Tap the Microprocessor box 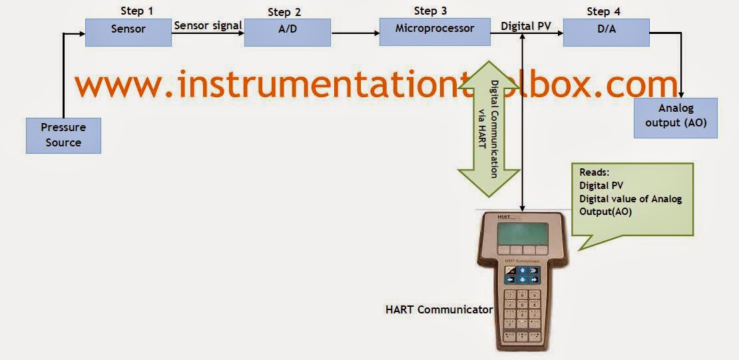[x=434, y=31]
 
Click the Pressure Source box [x=63, y=134]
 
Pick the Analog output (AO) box [x=676, y=117]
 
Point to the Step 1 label [x=137, y=11]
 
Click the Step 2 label [x=284, y=12]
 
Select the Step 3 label [x=430, y=11]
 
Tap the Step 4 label [x=604, y=12]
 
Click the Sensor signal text [x=208, y=26]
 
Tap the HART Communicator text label [x=439, y=309]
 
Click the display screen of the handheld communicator [x=523, y=234]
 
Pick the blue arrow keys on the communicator [x=523, y=274]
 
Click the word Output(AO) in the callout [x=605, y=212]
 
